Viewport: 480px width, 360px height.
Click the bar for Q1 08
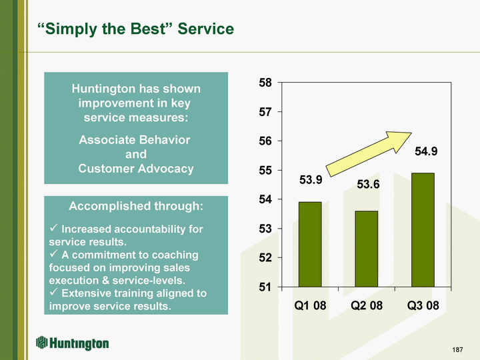[310, 245]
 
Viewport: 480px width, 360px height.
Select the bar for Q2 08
[367, 249]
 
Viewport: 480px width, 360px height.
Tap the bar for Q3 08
[423, 230]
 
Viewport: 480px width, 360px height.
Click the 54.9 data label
[426, 151]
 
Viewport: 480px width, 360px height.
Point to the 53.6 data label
[368, 184]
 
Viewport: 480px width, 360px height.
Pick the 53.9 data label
[311, 180]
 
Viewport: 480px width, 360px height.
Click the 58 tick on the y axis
[265, 83]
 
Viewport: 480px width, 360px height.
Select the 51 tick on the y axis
[265, 287]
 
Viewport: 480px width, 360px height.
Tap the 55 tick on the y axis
[265, 170]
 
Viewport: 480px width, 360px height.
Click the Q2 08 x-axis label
[367, 305]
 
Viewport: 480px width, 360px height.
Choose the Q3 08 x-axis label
[423, 305]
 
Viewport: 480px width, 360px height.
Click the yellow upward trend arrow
[369, 154]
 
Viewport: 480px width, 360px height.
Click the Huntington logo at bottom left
[72, 343]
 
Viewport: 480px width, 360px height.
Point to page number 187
[457, 349]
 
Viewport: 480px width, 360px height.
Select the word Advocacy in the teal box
[165, 169]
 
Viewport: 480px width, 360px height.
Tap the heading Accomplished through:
[136, 206]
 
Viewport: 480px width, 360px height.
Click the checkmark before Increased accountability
[53, 227]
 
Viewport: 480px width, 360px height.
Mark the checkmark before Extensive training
[53, 291]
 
